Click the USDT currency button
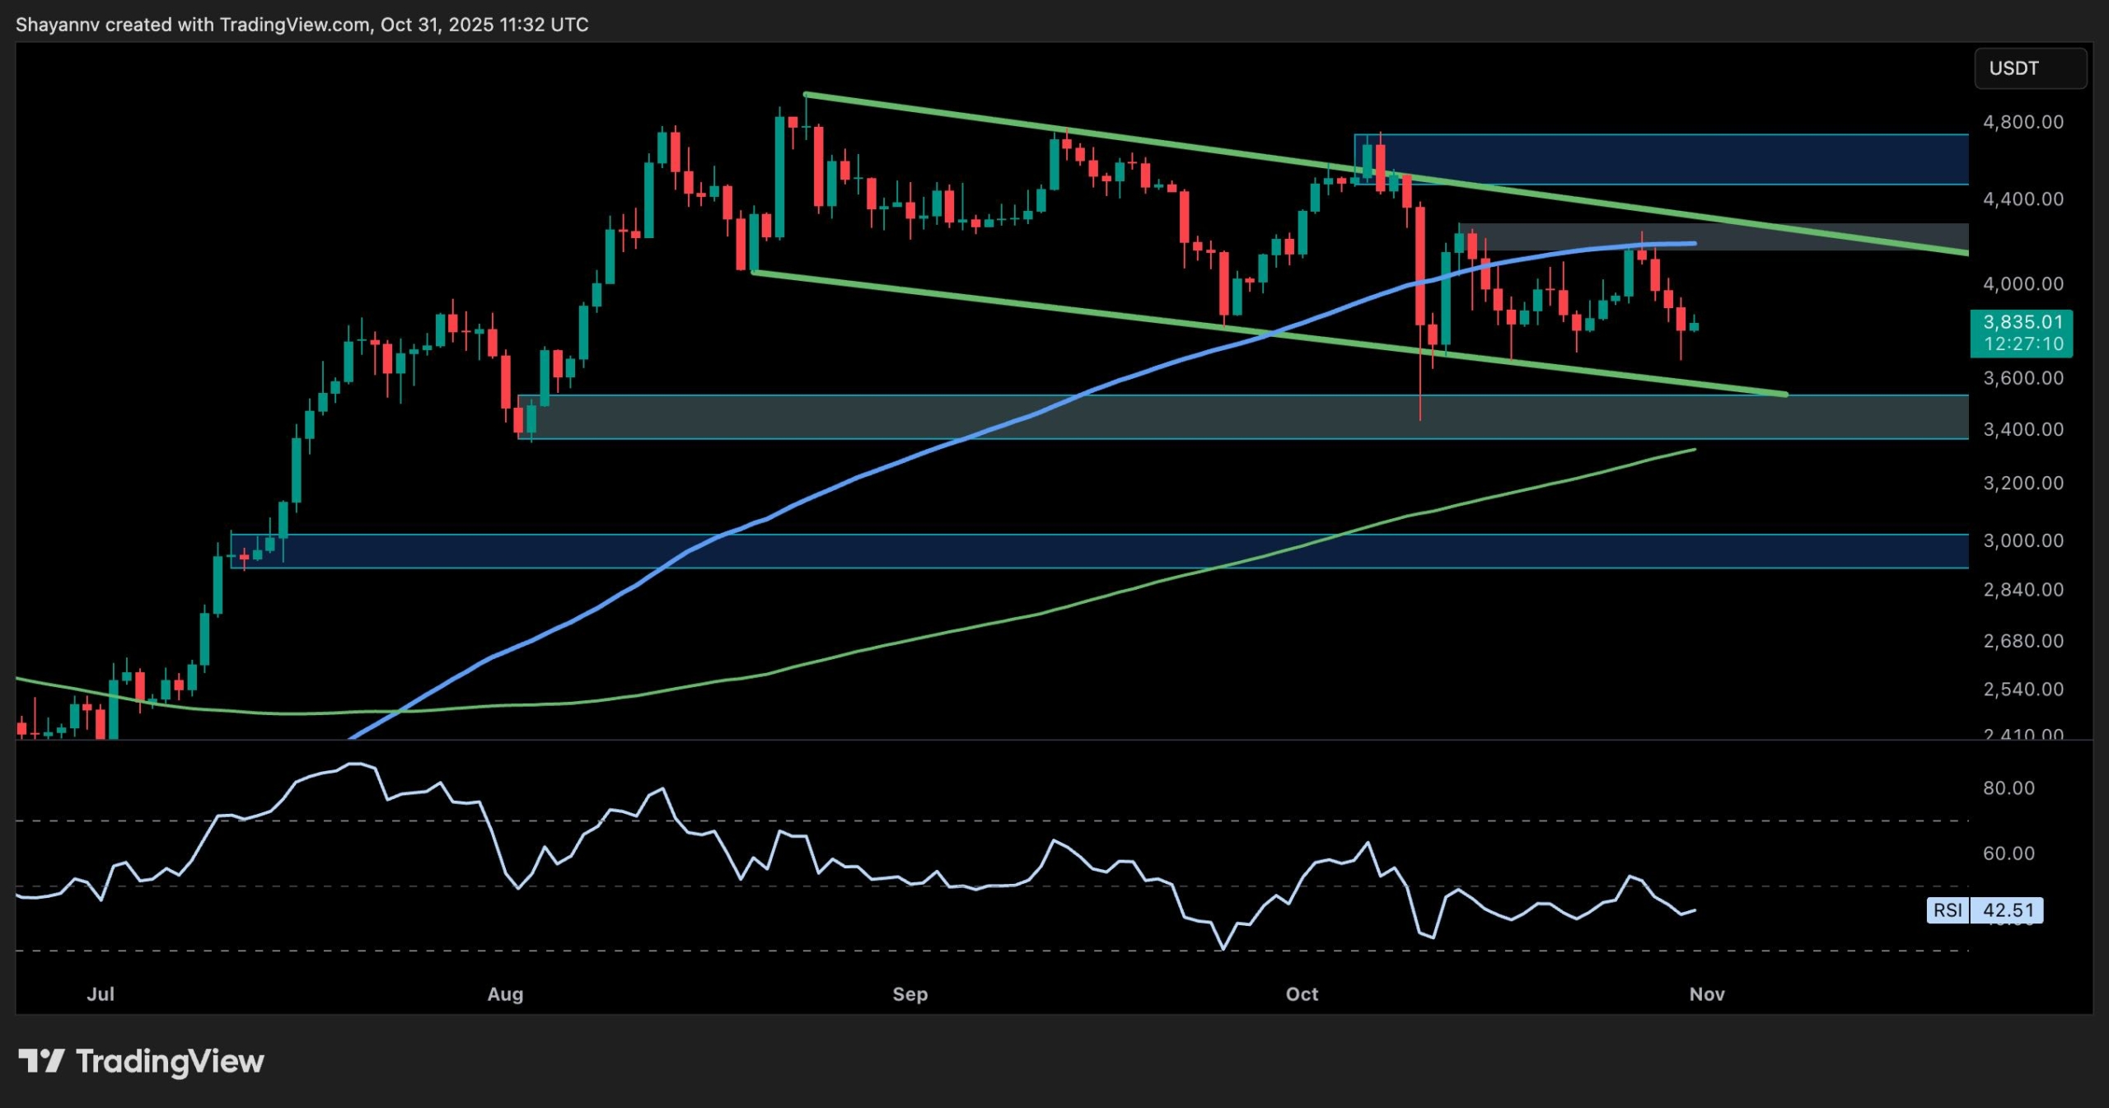(2030, 68)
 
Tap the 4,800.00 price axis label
(2022, 122)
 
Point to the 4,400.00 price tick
(2022, 199)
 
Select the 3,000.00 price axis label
(2022, 540)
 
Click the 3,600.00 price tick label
(2022, 378)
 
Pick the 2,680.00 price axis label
(2022, 641)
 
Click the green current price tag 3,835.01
(2021, 333)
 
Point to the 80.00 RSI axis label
(2008, 788)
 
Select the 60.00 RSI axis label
(2008, 853)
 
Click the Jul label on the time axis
(101, 994)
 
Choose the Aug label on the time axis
(505, 994)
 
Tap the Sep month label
(910, 994)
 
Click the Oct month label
(1302, 994)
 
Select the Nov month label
(1707, 994)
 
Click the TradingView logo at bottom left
(141, 1061)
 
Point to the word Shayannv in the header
(58, 25)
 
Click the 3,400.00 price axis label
(2022, 429)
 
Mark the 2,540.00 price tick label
(2022, 689)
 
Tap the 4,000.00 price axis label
(2022, 284)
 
